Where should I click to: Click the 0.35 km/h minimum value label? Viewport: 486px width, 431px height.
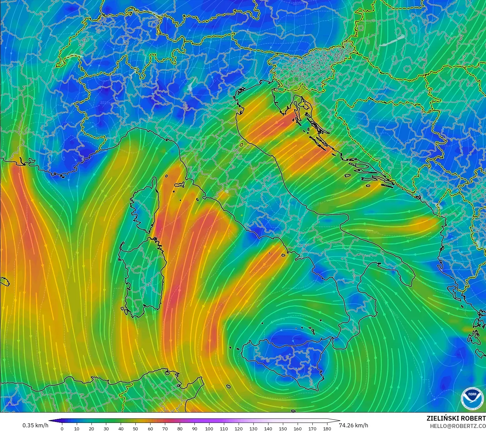pos(35,425)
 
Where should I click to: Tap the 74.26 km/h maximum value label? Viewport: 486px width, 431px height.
pos(354,425)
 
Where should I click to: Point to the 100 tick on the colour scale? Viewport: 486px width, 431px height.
pos(209,428)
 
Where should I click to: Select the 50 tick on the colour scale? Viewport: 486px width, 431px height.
pos(135,428)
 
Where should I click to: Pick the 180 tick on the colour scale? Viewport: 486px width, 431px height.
pos(327,428)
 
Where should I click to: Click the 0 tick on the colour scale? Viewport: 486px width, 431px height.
pos(62,428)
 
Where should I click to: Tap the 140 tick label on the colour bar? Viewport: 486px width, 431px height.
pos(268,428)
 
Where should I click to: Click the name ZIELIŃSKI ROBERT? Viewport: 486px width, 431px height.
pos(456,418)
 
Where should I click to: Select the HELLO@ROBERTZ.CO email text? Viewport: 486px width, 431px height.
pos(458,426)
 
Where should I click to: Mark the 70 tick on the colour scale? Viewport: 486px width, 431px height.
pos(165,428)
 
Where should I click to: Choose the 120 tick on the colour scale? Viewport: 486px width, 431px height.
pos(239,428)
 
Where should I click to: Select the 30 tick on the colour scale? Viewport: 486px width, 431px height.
pos(106,428)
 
